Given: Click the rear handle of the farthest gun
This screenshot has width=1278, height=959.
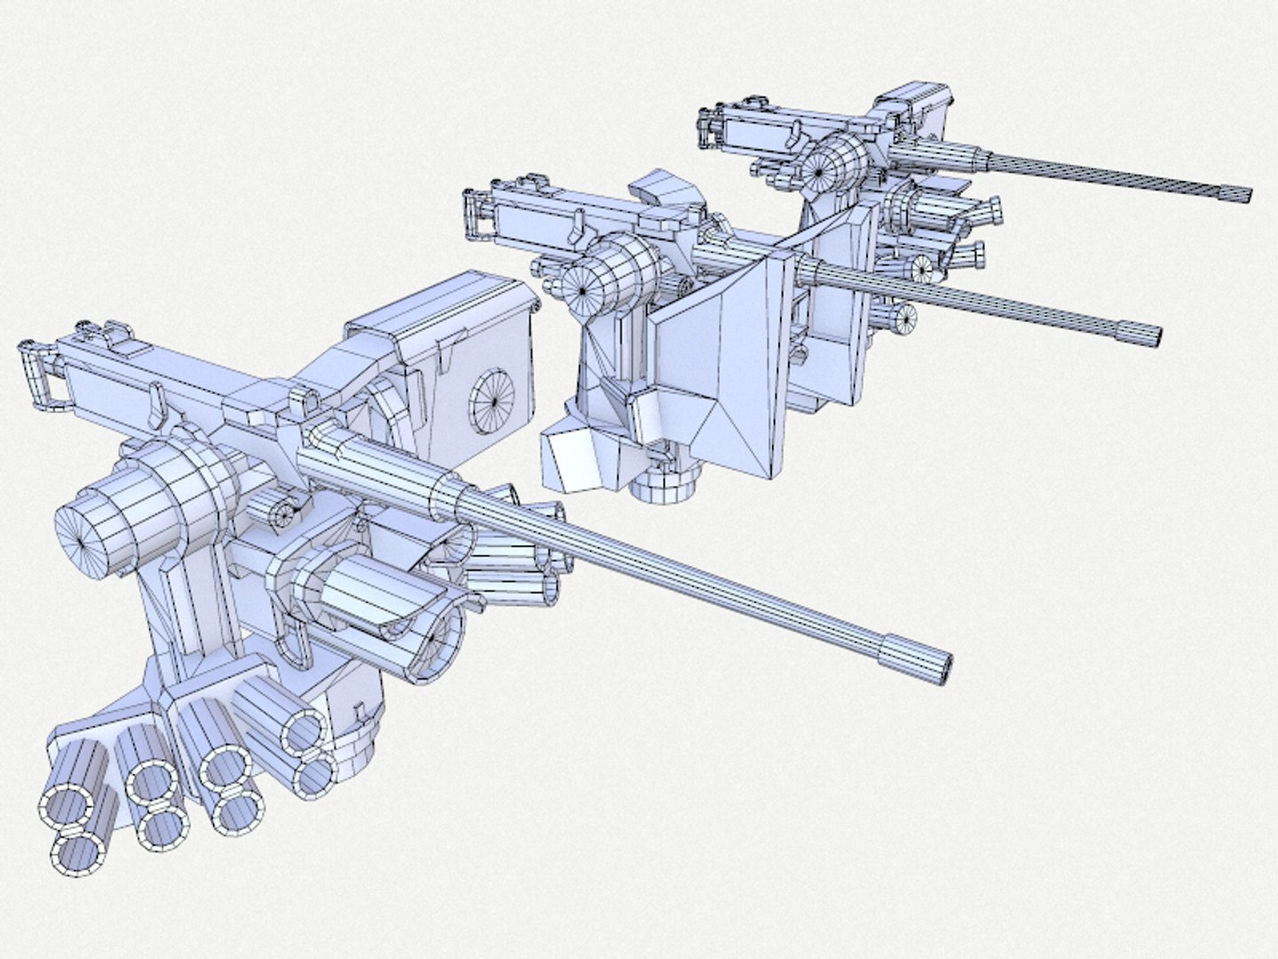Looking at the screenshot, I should (x=709, y=128).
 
